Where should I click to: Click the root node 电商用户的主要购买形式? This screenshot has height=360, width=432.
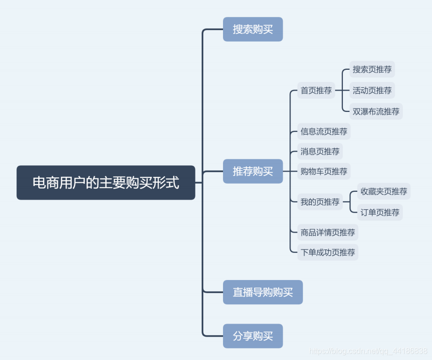pos(106,183)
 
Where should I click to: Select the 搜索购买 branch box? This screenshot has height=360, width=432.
pos(253,29)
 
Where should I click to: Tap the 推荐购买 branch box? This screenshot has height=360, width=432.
pos(253,171)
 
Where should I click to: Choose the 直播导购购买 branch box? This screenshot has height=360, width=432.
pos(263,292)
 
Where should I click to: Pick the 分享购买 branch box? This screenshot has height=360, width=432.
pos(253,336)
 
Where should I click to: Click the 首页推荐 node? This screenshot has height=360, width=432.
pos(316,91)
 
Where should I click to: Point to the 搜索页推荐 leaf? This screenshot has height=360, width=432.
pos(372,69)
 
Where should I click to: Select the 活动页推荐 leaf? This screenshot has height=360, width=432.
pos(372,91)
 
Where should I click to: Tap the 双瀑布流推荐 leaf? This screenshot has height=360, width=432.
pos(376,111)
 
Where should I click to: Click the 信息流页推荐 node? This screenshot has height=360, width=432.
pos(324,131)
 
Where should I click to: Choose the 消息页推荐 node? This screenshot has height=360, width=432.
pos(320,151)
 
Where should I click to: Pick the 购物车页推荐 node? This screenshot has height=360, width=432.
pos(324,171)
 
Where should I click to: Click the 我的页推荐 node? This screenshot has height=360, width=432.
pos(320,202)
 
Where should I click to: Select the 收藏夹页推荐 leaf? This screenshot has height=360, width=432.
pos(384,191)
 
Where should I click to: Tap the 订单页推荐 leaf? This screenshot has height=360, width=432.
pos(380,212)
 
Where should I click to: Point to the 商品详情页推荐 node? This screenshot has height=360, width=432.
pos(328,233)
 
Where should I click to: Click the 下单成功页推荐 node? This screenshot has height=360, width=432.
pos(328,252)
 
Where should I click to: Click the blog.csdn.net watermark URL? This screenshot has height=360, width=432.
pos(368,351)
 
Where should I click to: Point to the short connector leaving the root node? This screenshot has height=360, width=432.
pos(199,183)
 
